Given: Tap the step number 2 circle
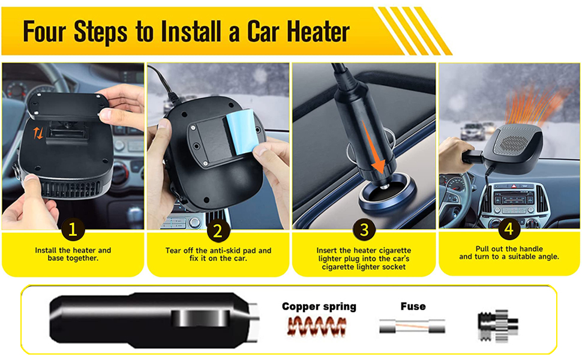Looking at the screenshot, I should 218,230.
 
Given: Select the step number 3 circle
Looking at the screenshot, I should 364,229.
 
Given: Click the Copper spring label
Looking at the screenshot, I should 319,307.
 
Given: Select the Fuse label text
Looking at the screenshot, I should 413,307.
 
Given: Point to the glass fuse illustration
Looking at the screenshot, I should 412,326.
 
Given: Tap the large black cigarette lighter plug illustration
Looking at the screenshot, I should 153,319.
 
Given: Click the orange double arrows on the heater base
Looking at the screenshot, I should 38,133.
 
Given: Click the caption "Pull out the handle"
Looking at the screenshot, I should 509,248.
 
